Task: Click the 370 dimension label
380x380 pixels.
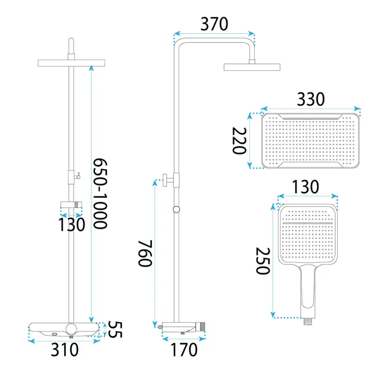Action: coord(214,24)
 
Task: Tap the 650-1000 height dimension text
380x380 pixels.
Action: coord(101,193)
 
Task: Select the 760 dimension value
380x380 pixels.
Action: coord(145,253)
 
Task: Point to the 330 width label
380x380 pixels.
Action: coord(311,99)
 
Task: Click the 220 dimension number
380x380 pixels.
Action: coord(239,141)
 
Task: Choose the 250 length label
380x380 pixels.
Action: coord(263,261)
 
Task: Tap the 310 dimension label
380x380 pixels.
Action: coord(65,350)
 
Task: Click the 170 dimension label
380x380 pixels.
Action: coord(184,350)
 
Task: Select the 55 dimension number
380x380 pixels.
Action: coord(115,329)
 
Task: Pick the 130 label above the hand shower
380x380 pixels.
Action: coord(305,187)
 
